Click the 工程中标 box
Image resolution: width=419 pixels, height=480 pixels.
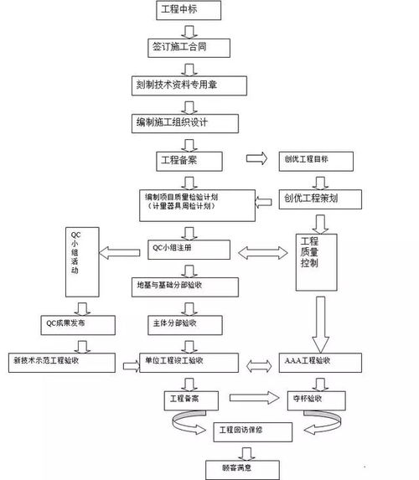(188, 11)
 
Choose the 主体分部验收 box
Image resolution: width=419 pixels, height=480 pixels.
(176, 323)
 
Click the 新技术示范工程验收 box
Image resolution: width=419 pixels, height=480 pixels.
(59, 361)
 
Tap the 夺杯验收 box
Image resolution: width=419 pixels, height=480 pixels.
(320, 398)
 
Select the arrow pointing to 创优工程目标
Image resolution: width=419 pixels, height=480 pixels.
(255, 157)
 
